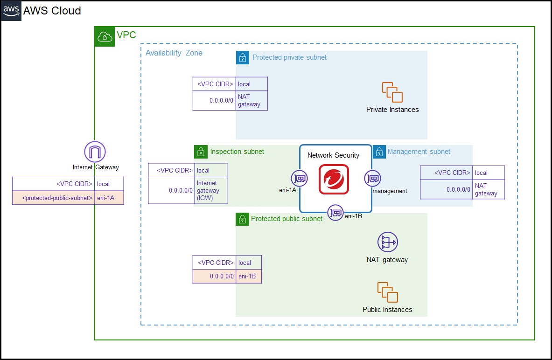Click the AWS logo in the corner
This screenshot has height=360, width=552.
click(11, 11)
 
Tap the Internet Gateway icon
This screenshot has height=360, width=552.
click(95, 152)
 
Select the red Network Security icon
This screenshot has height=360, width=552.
click(334, 179)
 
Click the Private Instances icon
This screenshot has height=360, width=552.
click(392, 92)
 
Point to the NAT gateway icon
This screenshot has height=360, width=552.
click(387, 242)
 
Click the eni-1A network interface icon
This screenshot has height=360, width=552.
click(299, 178)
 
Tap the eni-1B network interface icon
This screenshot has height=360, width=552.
click(335, 213)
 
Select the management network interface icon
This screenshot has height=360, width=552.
click(372, 178)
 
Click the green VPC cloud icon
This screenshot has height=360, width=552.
click(105, 36)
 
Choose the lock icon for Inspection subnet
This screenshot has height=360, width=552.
click(201, 152)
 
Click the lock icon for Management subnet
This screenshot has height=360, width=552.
click(379, 152)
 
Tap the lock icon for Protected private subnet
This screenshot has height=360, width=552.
click(243, 57)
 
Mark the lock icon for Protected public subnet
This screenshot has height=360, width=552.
click(242, 219)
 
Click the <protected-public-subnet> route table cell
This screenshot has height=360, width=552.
click(54, 198)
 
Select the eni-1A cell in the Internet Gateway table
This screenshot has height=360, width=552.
click(110, 198)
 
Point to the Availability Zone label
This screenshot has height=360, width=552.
click(174, 53)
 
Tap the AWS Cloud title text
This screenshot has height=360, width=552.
click(52, 11)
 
